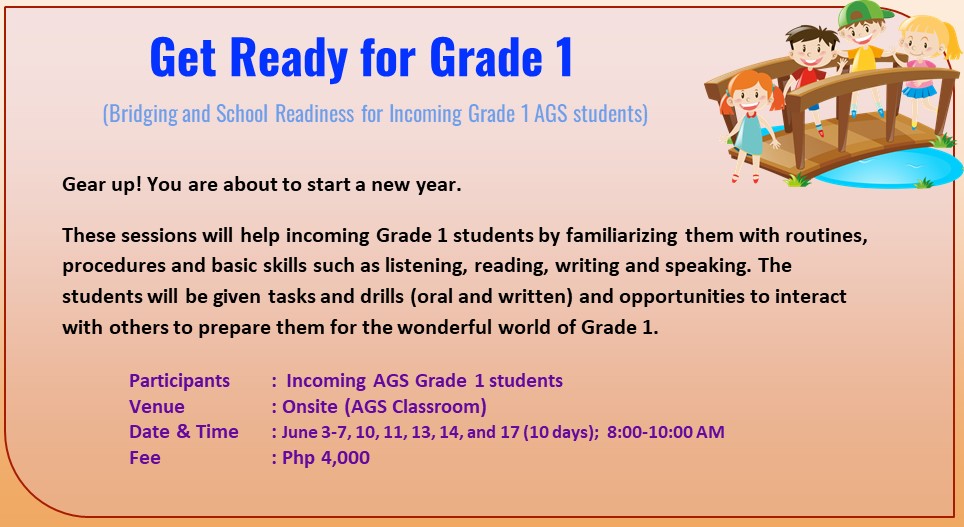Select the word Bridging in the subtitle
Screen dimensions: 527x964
pos(142,113)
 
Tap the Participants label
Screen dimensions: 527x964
pos(179,380)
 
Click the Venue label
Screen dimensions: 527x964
pos(157,406)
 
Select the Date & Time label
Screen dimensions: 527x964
pos(184,432)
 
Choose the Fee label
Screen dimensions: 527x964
pos(145,458)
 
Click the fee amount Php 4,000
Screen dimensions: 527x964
pos(325,458)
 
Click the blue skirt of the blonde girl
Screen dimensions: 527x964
pos(919,89)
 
